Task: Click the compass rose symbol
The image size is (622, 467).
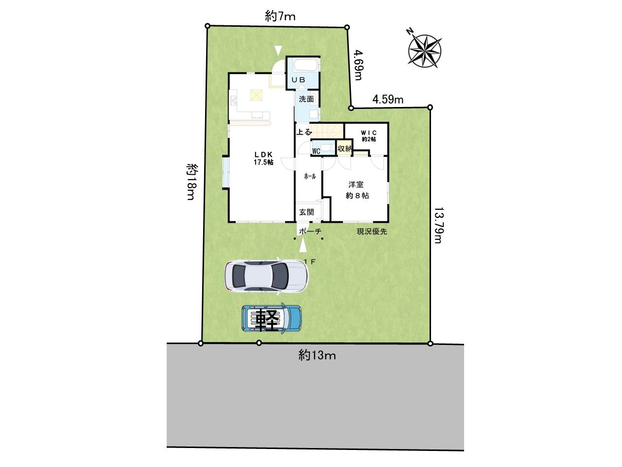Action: point(425,51)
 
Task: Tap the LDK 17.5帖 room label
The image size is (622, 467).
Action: point(263,158)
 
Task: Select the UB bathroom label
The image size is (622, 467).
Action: point(298,80)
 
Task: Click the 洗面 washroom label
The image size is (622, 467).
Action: point(306,99)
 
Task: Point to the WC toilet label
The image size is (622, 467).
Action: point(316,151)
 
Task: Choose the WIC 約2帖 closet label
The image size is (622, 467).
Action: point(369,136)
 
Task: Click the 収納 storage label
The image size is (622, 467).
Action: point(345,148)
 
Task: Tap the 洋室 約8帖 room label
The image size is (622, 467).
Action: point(357,190)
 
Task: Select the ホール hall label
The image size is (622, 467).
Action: point(310,177)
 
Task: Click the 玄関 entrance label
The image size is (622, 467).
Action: point(307,212)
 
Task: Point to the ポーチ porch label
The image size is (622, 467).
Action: point(310,232)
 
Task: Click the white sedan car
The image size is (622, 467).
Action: point(266,276)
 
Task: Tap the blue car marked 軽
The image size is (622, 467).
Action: point(272,319)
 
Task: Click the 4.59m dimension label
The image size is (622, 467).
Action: point(388,100)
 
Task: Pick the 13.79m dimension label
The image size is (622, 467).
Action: point(437,225)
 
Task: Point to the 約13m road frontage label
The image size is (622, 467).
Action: point(317,355)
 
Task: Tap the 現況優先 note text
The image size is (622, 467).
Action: point(372,232)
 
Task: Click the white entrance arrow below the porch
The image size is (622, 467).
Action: point(303,245)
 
